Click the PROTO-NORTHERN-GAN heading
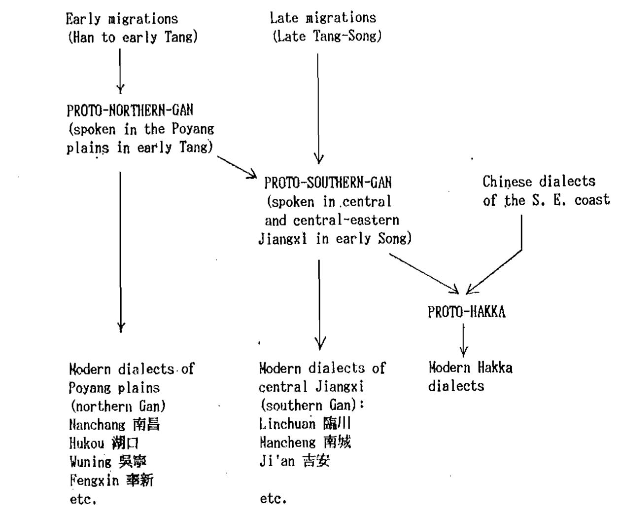(x=130, y=110)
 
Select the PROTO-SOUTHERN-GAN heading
(x=328, y=183)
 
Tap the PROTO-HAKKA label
(x=466, y=312)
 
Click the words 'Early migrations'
(x=122, y=19)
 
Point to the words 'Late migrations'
(x=323, y=18)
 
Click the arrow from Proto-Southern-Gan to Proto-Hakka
(x=424, y=273)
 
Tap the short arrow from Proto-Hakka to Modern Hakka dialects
(x=463, y=340)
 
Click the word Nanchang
(x=97, y=425)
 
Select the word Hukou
(x=87, y=443)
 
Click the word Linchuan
(x=287, y=424)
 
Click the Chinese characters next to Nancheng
(x=337, y=442)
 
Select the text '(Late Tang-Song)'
(x=327, y=37)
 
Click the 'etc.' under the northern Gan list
(x=83, y=499)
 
